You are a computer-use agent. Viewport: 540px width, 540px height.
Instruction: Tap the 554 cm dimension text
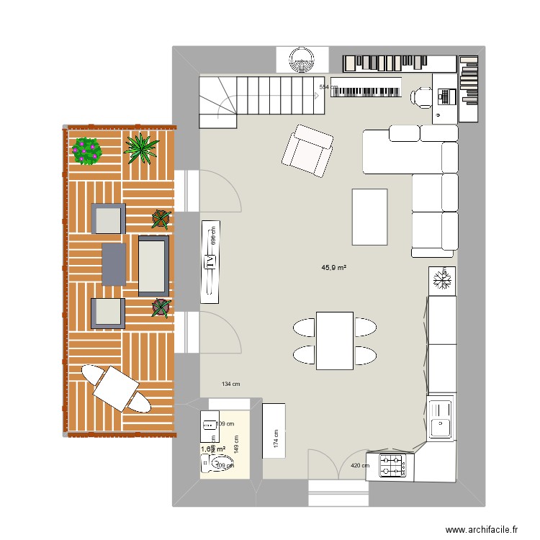click(328, 87)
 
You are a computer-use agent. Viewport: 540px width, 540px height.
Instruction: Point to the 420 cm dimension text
click(359, 465)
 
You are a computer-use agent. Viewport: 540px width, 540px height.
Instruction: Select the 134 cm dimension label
click(232, 384)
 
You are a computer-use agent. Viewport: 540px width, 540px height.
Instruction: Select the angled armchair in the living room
click(308, 150)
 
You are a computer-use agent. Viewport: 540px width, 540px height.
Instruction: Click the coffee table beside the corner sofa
click(369, 217)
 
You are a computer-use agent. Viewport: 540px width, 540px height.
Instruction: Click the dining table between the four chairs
click(334, 341)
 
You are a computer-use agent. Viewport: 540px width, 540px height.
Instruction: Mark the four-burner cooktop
click(392, 466)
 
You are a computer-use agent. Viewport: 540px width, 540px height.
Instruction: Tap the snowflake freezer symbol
click(443, 279)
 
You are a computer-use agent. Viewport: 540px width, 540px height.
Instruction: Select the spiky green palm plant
click(140, 148)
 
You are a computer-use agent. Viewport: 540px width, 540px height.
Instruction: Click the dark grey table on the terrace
click(114, 263)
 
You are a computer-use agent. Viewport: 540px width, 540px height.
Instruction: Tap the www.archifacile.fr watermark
click(482, 529)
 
